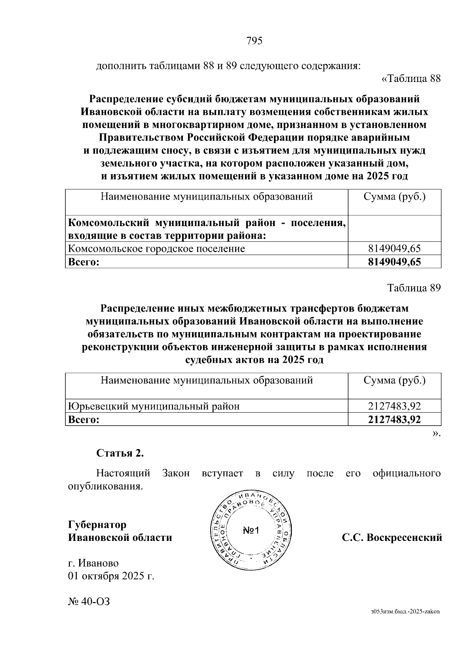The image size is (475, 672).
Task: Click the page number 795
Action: click(x=255, y=41)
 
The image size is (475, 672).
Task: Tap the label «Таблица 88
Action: click(x=410, y=79)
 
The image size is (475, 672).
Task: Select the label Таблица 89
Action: click(x=414, y=288)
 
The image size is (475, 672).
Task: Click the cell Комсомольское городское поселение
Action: click(x=157, y=249)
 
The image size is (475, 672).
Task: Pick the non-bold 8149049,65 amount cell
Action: click(x=394, y=249)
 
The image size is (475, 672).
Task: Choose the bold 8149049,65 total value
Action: click(x=394, y=262)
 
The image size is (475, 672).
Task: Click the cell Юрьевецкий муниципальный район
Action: click(x=154, y=406)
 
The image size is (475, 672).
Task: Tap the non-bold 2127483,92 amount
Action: click(x=394, y=406)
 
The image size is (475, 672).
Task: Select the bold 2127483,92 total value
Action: click(x=394, y=419)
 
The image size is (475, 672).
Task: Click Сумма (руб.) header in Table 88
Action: click(x=394, y=197)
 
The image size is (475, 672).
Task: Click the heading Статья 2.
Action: click(x=120, y=453)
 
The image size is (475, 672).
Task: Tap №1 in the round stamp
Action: click(x=251, y=531)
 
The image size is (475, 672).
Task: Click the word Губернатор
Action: click(x=97, y=525)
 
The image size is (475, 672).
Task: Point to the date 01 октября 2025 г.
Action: click(x=111, y=576)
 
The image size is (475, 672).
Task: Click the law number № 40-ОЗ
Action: click(x=89, y=602)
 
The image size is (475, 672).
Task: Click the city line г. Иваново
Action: click(x=93, y=563)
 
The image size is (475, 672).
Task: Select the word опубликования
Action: click(x=105, y=486)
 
